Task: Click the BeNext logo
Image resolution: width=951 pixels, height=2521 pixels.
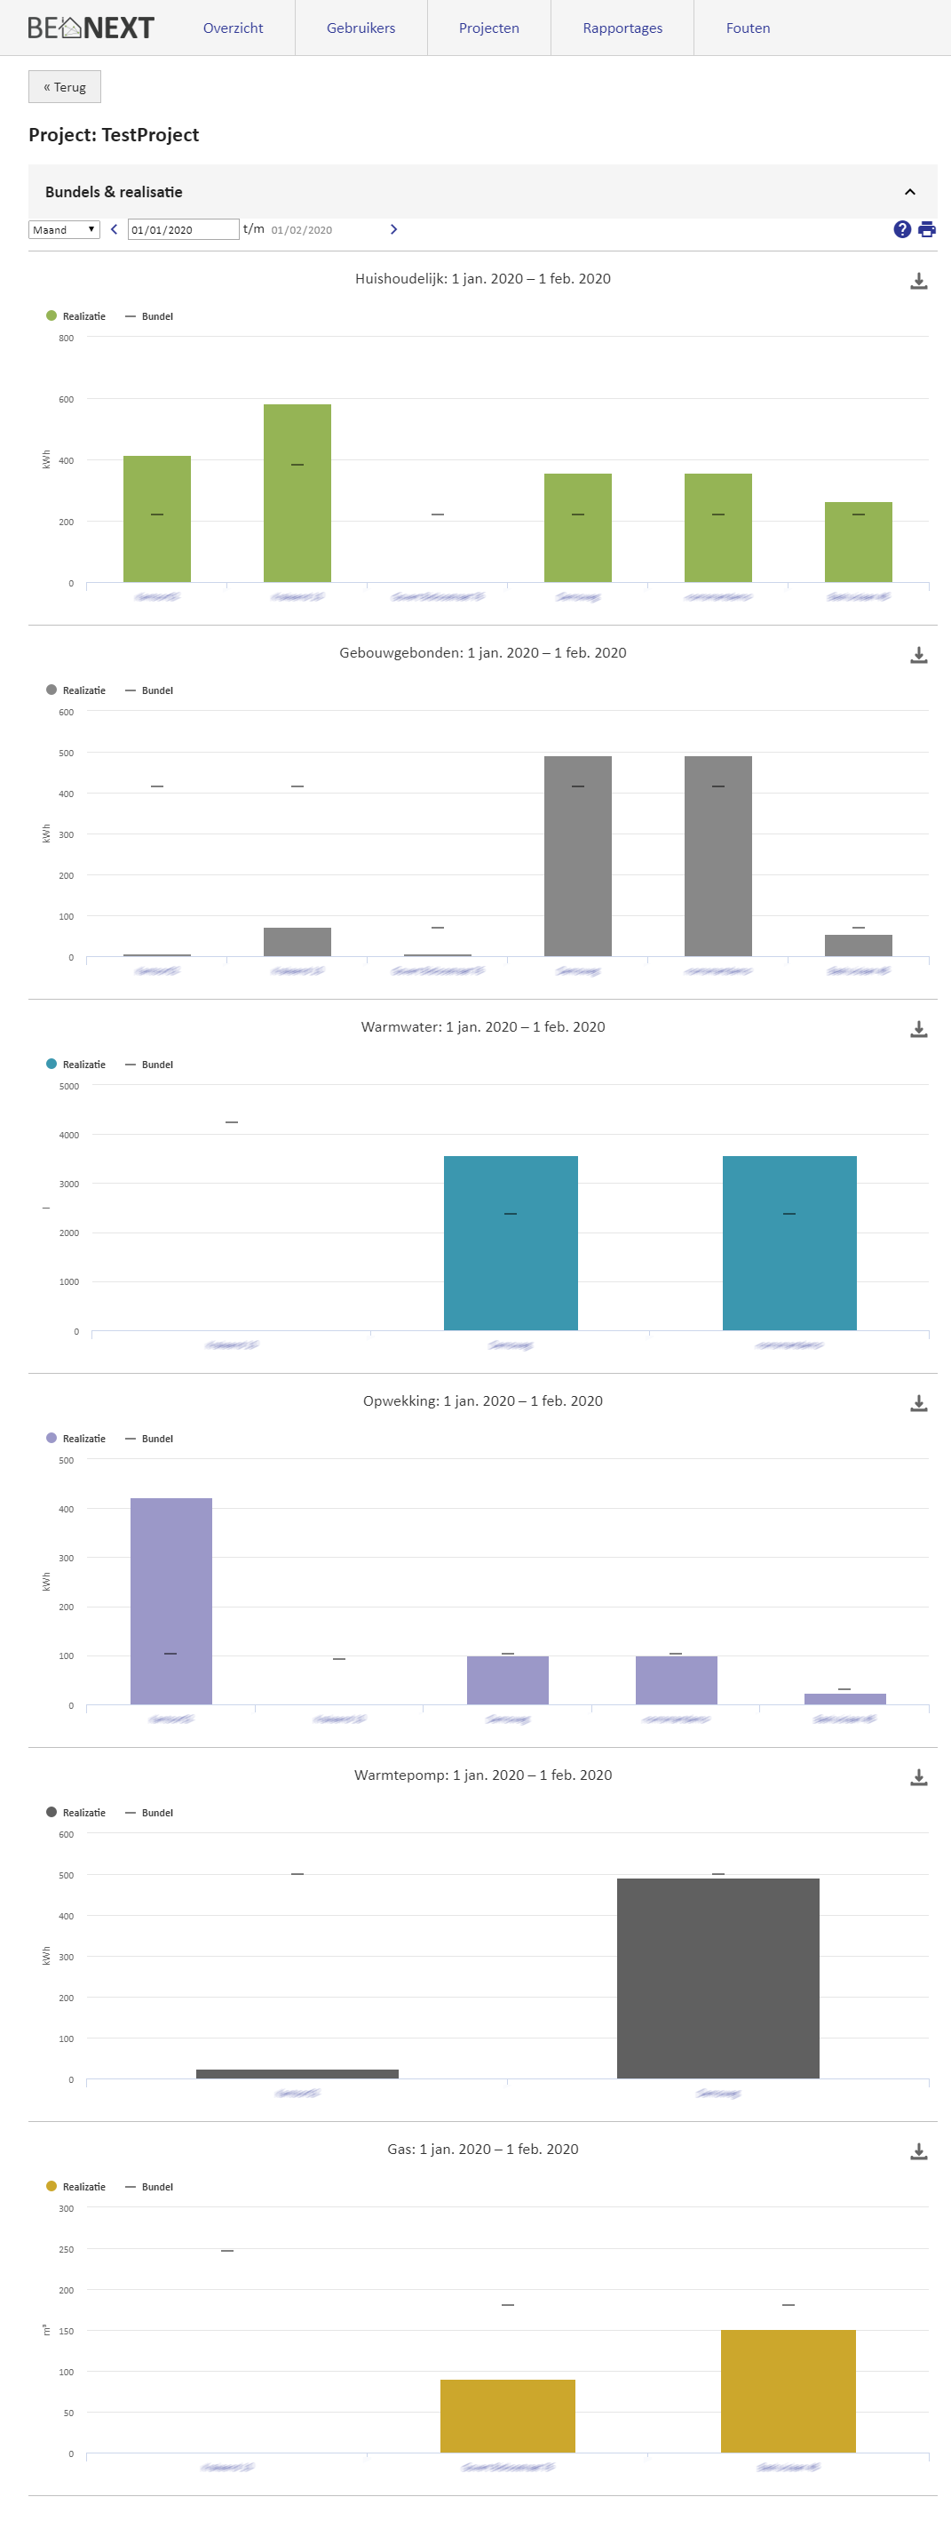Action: pos(91,28)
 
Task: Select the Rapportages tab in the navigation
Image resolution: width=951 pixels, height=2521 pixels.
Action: pos(622,28)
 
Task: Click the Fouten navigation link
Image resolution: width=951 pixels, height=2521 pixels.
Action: pos(748,28)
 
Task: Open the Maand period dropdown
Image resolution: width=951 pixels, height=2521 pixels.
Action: pos(65,230)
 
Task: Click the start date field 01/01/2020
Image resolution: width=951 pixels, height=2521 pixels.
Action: pos(183,230)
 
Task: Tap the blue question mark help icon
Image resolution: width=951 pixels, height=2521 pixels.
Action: pos(902,230)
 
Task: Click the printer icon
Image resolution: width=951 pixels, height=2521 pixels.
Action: pos(926,230)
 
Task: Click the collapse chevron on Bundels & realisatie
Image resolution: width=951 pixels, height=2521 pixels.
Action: pos(910,192)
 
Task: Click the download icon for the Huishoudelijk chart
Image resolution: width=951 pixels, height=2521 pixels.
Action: pos(919,282)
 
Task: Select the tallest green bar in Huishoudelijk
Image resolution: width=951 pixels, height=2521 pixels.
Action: pos(297,493)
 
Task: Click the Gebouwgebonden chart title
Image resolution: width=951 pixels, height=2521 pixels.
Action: pos(482,653)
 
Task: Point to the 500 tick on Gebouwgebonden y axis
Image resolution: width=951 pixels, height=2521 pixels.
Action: pos(67,754)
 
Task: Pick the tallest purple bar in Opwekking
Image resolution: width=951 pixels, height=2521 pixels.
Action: pos(171,1601)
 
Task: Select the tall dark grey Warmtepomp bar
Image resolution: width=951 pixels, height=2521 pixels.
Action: pos(718,1977)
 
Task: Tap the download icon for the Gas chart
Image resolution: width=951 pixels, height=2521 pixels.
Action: pos(919,2152)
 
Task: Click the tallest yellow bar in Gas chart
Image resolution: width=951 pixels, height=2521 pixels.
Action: pos(789,2391)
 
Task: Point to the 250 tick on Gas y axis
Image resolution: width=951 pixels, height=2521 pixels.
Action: pos(67,2250)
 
